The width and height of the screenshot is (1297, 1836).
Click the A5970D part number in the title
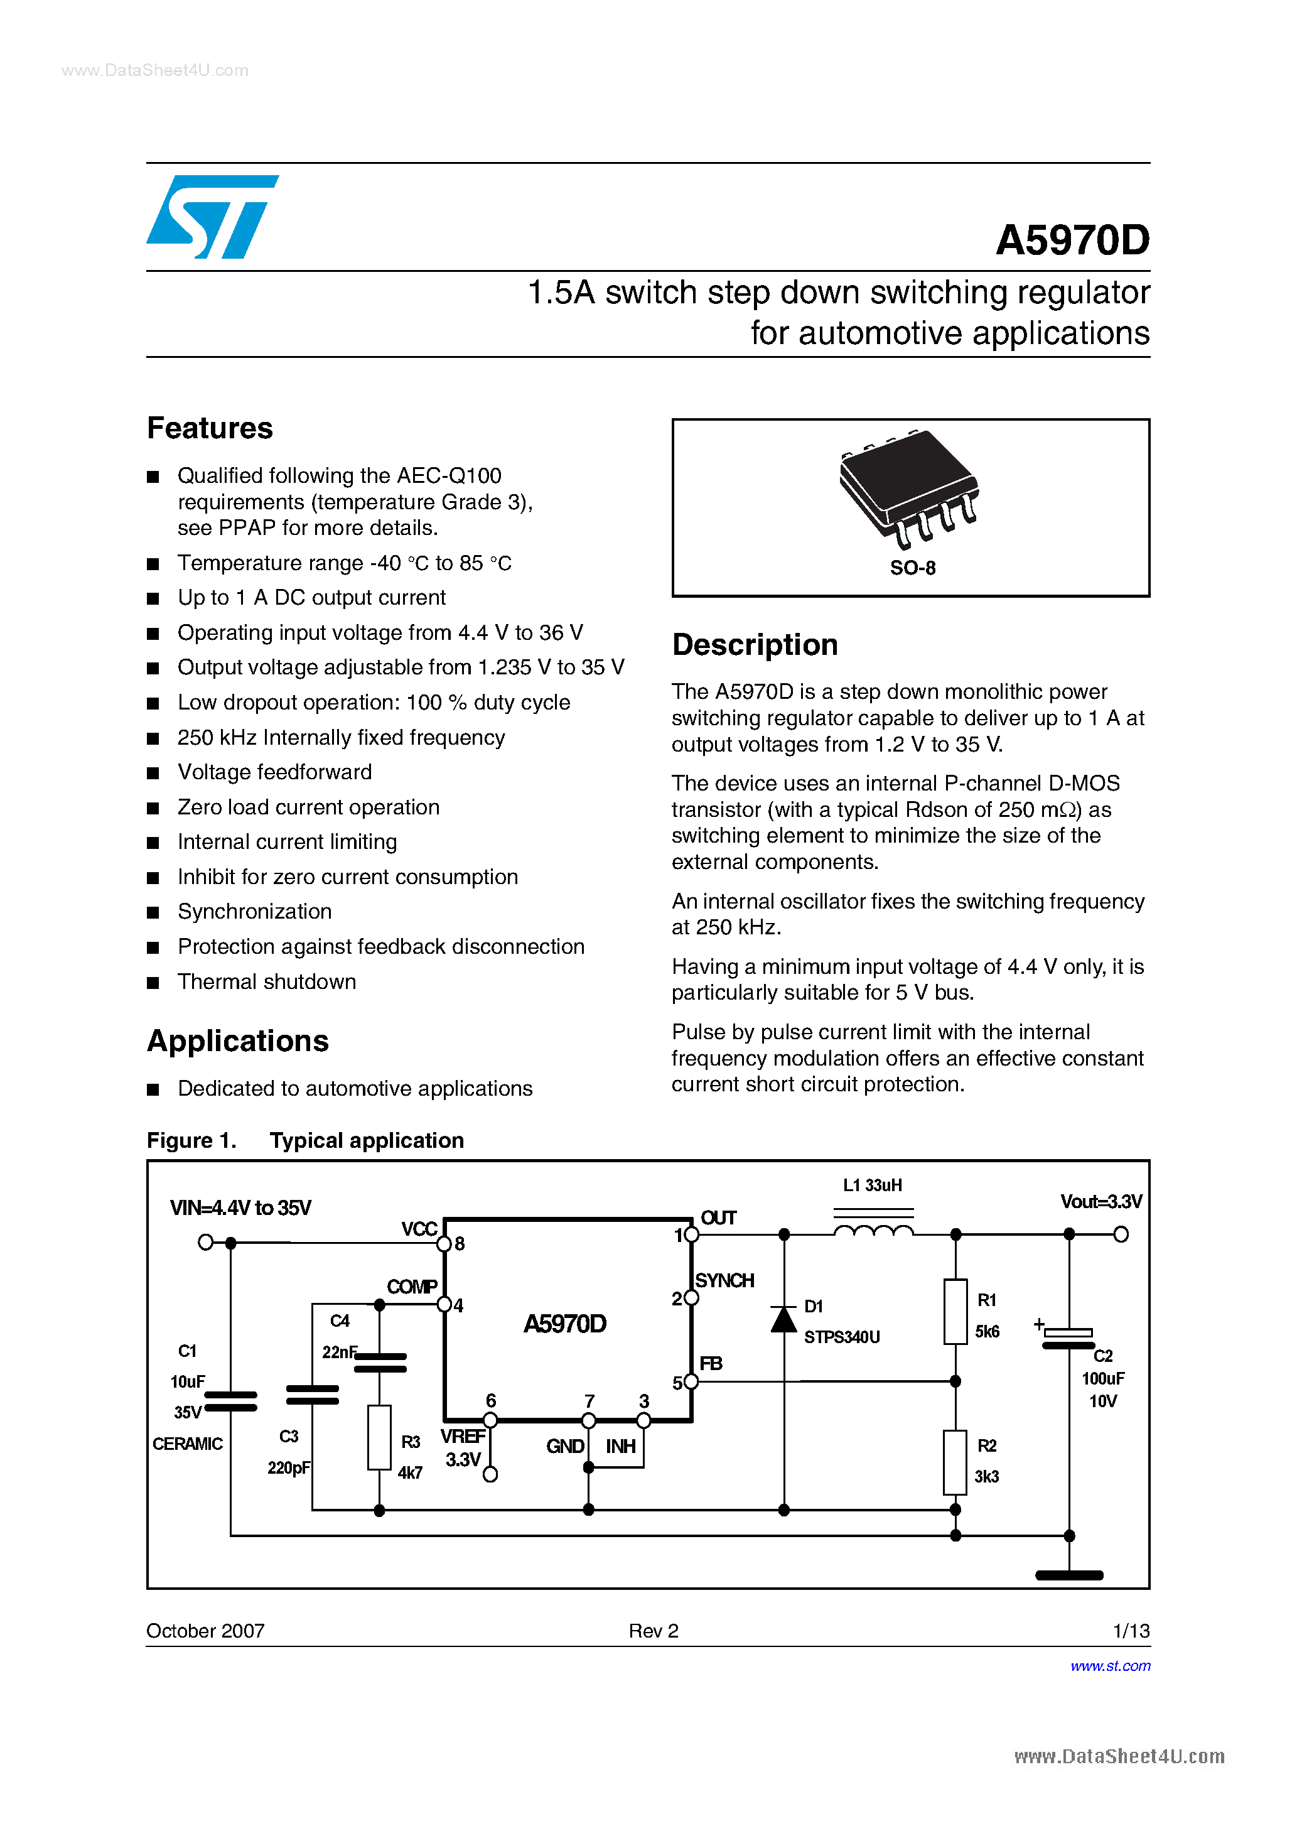pos(1072,240)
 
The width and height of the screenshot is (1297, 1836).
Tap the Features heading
pos(210,429)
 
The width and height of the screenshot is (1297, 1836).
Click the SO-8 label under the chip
pos(912,568)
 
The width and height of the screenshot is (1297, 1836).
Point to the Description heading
pos(754,644)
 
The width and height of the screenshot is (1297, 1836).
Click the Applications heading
pos(237,1041)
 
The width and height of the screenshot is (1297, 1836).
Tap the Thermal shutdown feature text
pos(266,982)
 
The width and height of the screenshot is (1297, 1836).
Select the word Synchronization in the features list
pos(254,912)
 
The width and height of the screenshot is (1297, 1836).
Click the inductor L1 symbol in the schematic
pos(873,1231)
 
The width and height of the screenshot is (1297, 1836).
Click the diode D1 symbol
pos(783,1319)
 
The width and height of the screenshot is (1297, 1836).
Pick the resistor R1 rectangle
pos(955,1312)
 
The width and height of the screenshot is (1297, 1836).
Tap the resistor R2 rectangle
pos(955,1462)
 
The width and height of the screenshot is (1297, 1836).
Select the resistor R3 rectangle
pos(379,1437)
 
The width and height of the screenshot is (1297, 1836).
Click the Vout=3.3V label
pos(1101,1202)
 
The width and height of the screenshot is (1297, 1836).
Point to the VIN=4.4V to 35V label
pos(240,1207)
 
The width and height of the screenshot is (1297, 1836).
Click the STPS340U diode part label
pos(841,1337)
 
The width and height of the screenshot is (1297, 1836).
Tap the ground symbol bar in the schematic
pos(1069,1575)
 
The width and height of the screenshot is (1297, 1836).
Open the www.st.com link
pos(1110,1666)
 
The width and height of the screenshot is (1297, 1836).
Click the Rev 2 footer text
pos(654,1631)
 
